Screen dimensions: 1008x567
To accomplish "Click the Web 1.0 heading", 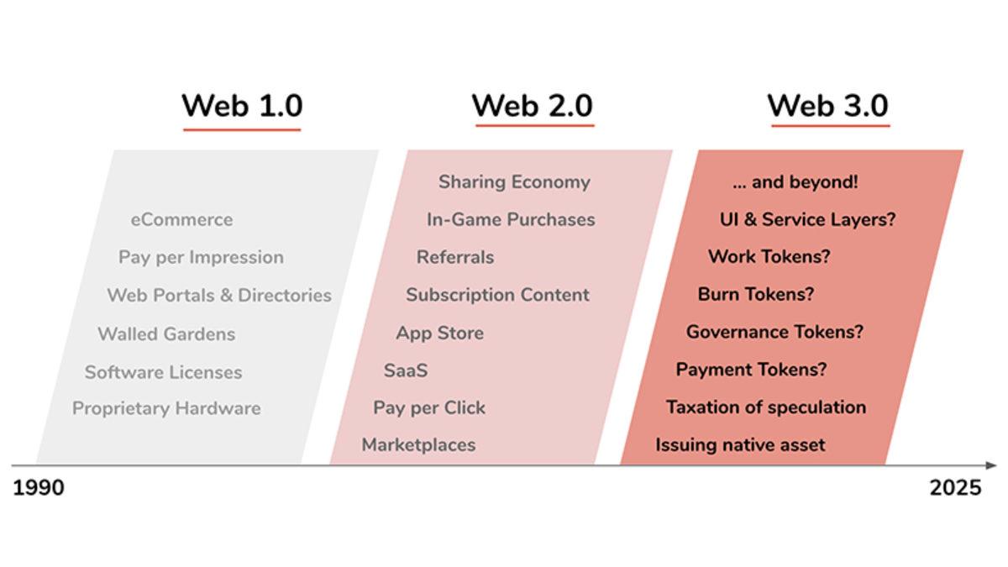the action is (242, 106).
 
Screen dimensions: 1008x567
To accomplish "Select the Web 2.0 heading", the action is (533, 106).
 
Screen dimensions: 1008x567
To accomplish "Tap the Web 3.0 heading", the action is (828, 106).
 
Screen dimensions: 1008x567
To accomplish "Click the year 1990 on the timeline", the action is (39, 488).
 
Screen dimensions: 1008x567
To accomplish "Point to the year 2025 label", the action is (955, 488).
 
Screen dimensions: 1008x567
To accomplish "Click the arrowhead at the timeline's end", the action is (991, 465).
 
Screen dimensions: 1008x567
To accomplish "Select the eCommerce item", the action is (181, 219).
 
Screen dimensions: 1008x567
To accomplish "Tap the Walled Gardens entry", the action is (166, 334).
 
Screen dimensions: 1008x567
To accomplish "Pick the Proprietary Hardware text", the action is (166, 408).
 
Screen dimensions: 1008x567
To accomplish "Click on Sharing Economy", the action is (514, 182).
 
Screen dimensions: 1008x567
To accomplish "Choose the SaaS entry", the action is (406, 370).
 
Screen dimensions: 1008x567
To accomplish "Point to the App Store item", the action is (439, 333).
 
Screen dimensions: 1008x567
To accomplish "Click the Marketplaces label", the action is (418, 445).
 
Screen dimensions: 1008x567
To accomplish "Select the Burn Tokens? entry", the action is (756, 294).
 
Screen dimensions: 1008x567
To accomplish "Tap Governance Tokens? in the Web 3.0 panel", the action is (774, 332).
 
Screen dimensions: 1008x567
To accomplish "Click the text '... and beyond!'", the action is (795, 181).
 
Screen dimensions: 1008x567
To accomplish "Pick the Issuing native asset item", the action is (740, 445).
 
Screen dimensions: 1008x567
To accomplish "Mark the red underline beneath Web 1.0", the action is (242, 129).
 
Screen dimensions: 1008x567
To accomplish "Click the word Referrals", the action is (455, 257).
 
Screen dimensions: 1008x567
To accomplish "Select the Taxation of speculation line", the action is (766, 407).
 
